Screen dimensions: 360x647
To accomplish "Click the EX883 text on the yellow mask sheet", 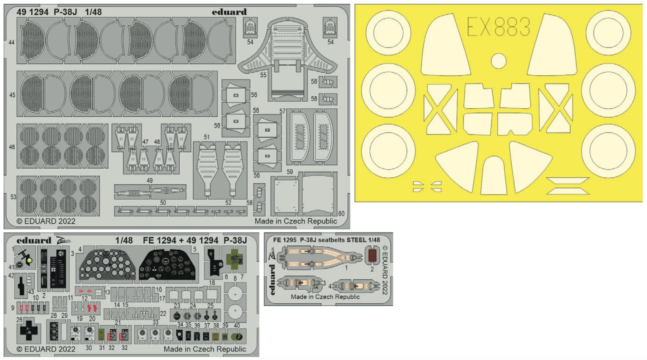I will (498, 27).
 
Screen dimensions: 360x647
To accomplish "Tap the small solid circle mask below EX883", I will (498, 61).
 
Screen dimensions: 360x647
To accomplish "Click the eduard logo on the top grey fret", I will (229, 12).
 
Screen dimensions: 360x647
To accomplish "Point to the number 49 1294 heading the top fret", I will (33, 12).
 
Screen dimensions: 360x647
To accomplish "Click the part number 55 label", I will (263, 75).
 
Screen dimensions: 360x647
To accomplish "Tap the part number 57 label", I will (282, 111).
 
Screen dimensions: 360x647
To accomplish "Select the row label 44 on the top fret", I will (11, 43).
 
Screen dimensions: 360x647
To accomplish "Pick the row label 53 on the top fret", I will (13, 197).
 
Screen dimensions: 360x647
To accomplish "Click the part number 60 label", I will (341, 213).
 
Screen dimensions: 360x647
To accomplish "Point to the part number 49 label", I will (150, 180).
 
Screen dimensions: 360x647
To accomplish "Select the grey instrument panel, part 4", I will (107, 264).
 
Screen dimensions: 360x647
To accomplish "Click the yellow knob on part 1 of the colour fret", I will (29, 261).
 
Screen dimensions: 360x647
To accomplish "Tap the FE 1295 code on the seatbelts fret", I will (285, 240).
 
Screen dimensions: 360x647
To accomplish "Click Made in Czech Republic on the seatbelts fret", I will (325, 297).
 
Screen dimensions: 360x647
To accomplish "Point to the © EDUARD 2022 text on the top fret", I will (46, 221).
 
